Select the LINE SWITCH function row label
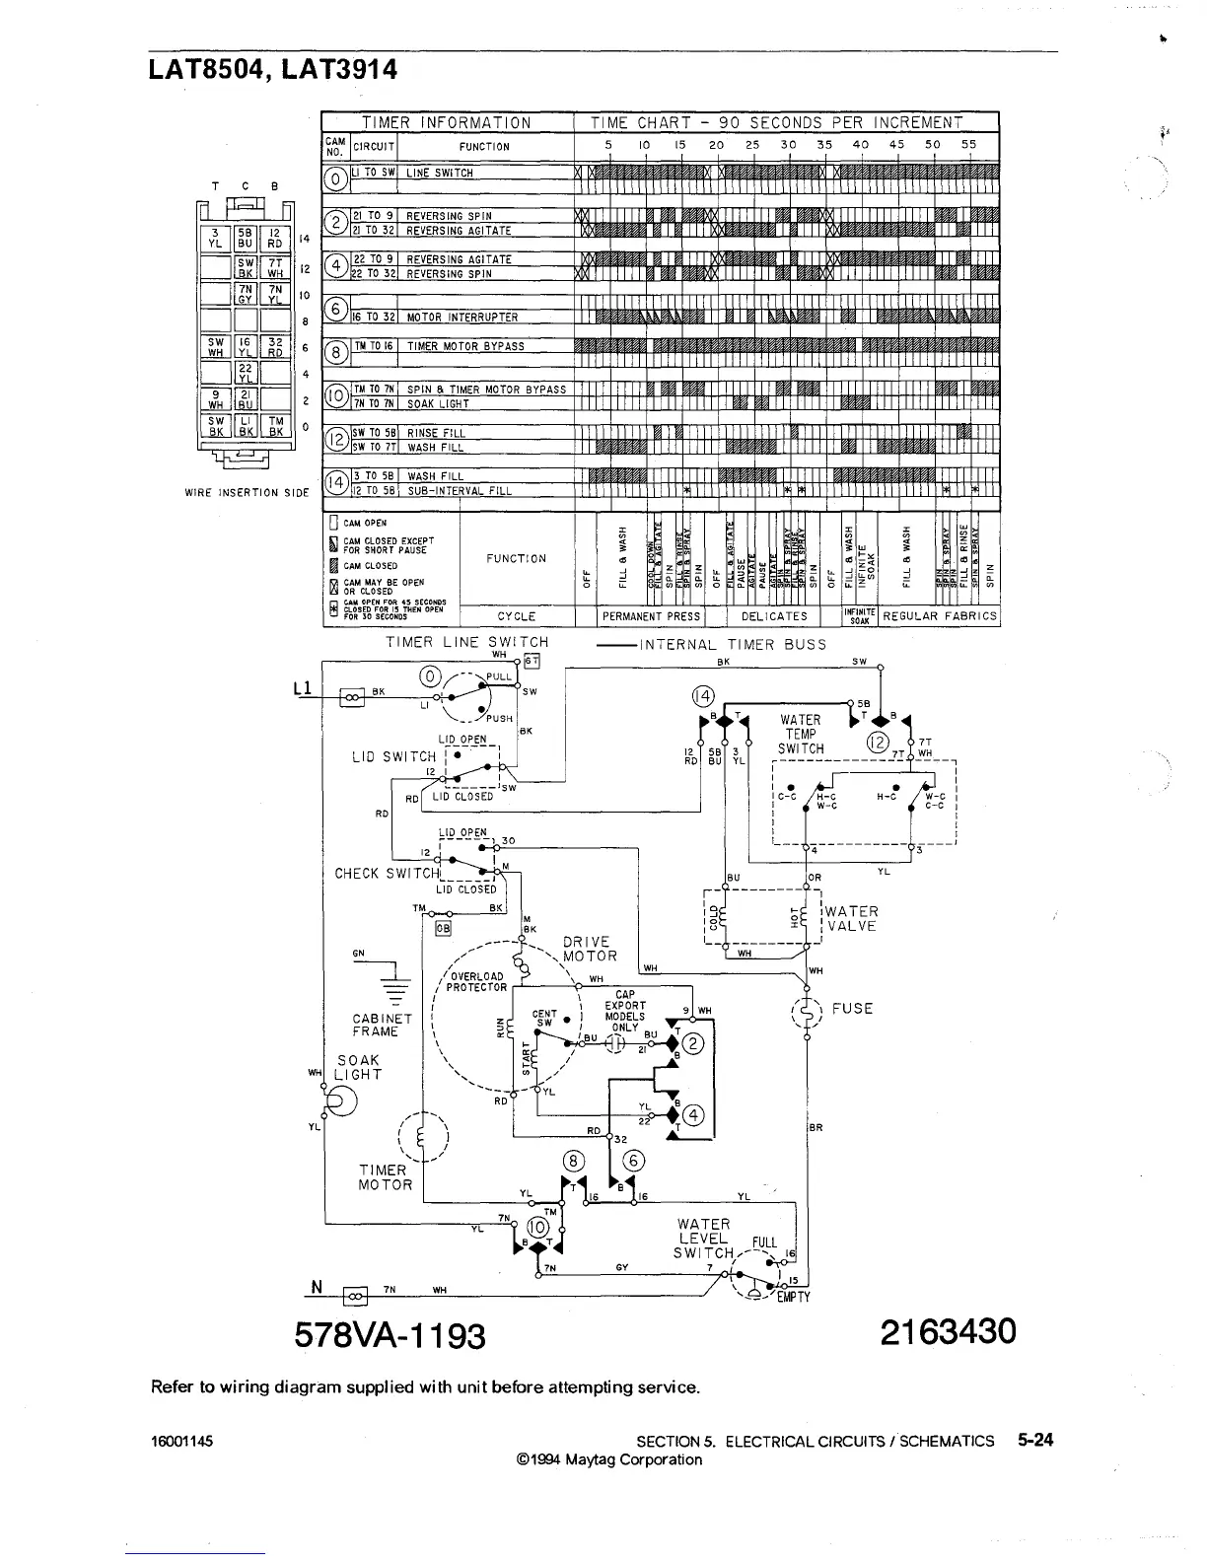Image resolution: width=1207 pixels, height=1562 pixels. click(440, 174)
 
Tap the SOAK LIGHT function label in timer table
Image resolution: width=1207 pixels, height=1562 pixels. click(438, 404)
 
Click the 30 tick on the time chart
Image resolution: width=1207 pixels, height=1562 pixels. click(788, 145)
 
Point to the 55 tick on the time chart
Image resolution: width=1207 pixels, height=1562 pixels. click(968, 145)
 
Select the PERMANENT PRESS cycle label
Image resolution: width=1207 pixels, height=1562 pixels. click(651, 616)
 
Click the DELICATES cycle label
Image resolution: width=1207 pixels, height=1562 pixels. click(774, 616)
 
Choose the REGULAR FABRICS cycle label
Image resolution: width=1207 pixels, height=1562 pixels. click(940, 616)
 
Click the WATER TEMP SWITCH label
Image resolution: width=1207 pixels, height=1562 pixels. click(800, 735)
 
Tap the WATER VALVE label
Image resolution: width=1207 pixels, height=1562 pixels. click(852, 919)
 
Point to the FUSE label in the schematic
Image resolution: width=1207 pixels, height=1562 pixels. click(852, 1009)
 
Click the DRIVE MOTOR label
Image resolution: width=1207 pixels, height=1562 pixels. click(590, 949)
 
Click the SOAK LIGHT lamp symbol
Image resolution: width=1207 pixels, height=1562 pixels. click(341, 1100)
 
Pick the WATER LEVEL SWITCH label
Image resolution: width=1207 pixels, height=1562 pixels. click(703, 1239)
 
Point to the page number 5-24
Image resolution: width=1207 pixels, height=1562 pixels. click(1035, 1440)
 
